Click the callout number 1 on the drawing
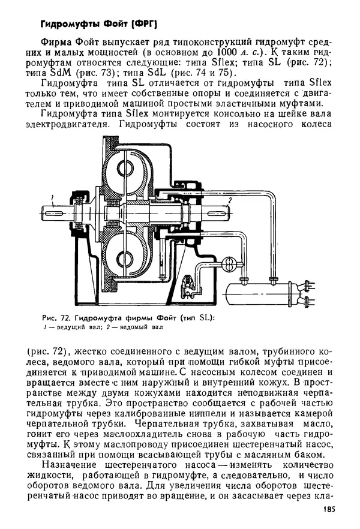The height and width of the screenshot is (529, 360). pos(52,197)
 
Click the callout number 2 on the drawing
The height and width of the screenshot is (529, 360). pos(230,198)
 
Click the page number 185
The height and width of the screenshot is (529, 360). pos(323,510)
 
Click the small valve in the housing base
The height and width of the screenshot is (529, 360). pos(188,282)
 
